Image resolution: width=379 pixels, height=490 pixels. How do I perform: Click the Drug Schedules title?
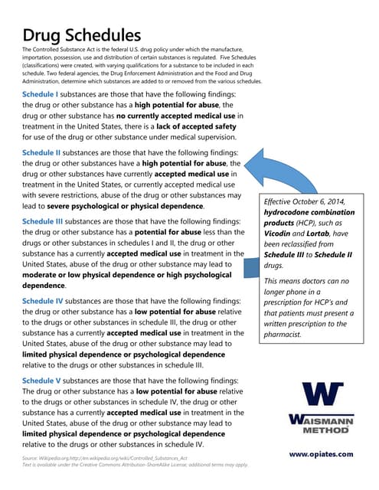81,35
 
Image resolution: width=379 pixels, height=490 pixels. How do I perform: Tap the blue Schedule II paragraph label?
47,152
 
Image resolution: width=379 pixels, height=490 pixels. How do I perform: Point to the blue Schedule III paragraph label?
49,221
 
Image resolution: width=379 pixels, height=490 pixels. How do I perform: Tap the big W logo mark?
319,394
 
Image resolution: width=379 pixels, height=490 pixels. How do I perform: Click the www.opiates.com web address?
321,453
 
